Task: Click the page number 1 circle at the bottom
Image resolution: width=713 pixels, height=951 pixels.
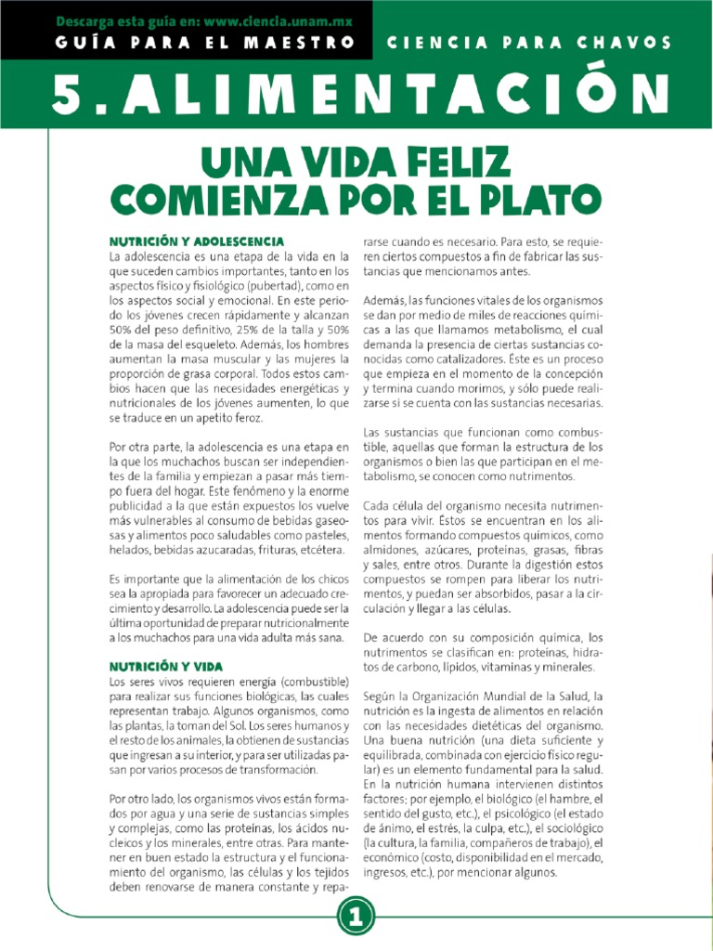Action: click(356, 918)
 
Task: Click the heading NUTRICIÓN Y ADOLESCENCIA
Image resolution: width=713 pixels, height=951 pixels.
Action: click(196, 241)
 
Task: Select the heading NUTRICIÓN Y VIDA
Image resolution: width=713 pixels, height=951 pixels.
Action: click(165, 666)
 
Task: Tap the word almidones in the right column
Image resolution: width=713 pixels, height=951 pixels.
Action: click(391, 550)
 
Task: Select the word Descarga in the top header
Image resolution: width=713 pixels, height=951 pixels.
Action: click(91, 20)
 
